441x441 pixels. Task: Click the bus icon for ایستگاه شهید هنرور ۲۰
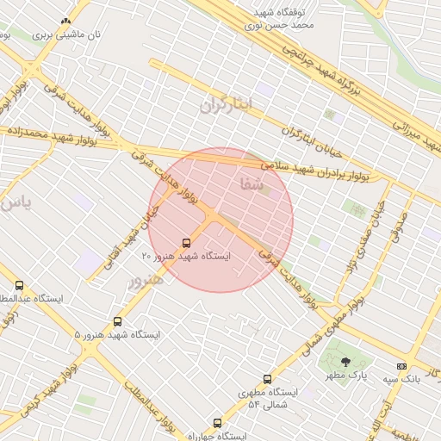[187, 243]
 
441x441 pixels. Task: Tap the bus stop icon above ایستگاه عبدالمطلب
[19, 285]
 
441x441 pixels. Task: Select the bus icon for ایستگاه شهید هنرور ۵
[117, 321]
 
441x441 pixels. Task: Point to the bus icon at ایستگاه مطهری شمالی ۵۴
[267, 379]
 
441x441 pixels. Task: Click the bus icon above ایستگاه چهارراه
[217, 423]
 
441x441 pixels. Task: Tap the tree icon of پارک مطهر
[346, 363]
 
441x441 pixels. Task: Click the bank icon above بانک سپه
[401, 366]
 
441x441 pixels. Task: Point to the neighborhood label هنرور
[146, 281]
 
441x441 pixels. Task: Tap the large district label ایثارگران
[228, 105]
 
